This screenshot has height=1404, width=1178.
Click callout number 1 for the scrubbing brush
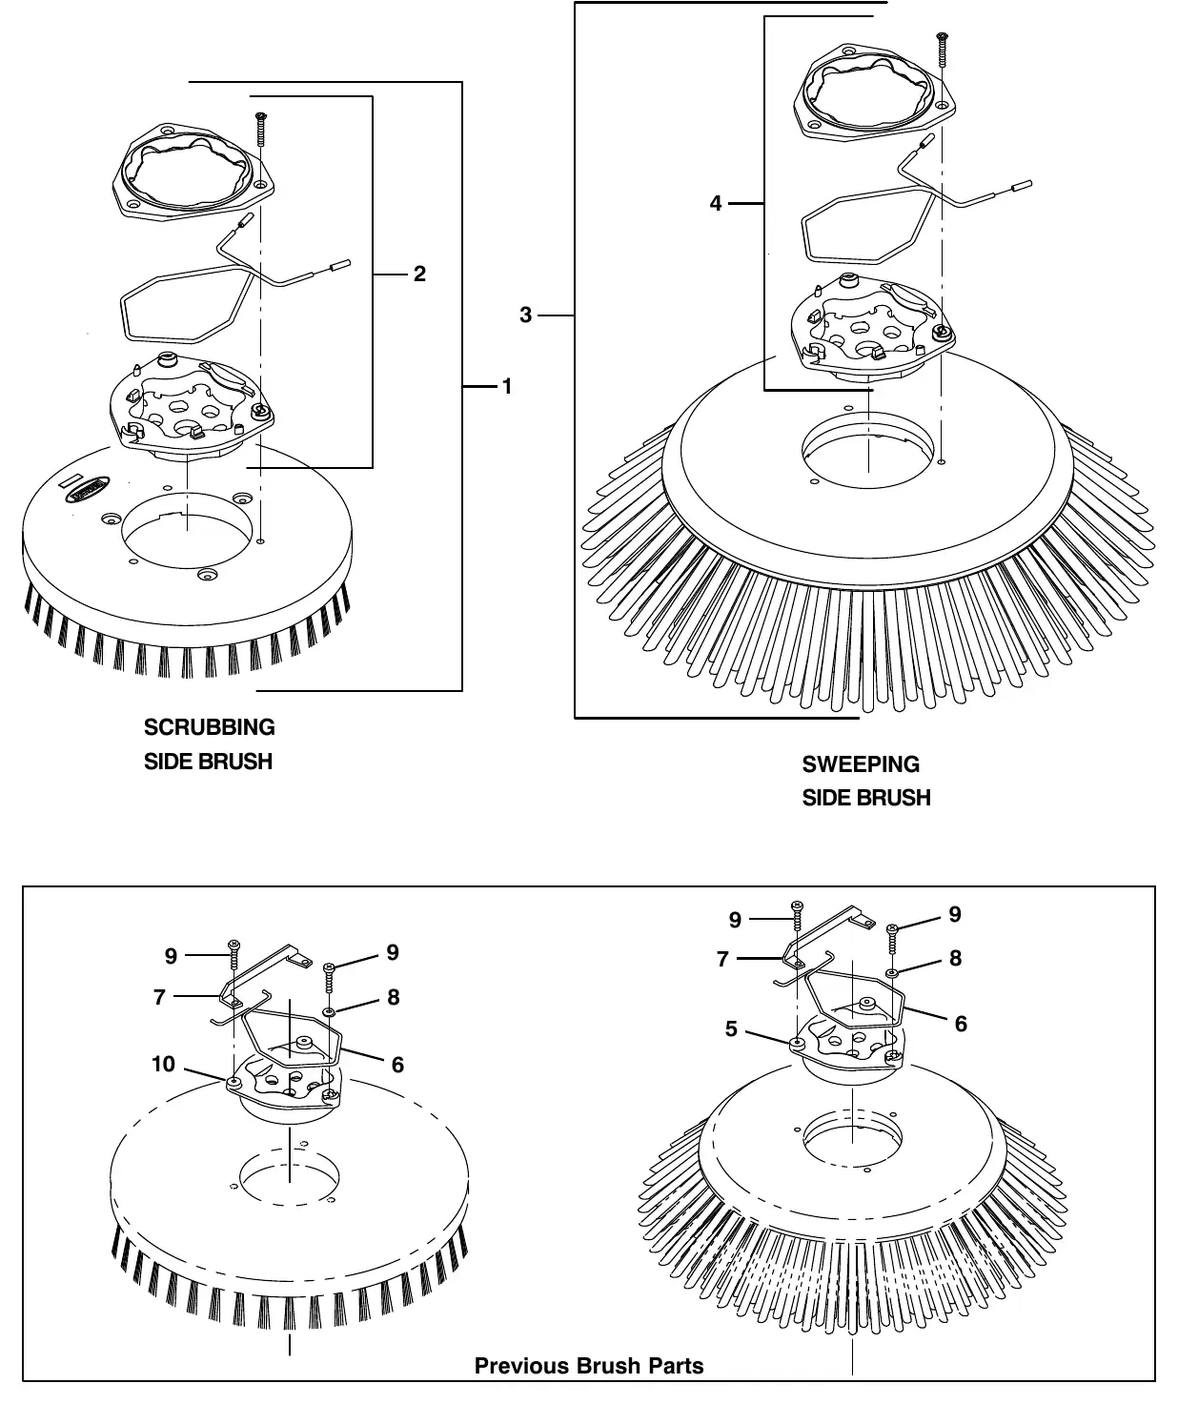point(507,387)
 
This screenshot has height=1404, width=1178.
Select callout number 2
point(419,274)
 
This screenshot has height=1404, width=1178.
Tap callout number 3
point(526,315)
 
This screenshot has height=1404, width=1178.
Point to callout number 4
point(716,203)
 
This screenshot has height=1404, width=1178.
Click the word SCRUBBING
point(209,727)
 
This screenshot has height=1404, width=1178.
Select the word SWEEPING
point(861,763)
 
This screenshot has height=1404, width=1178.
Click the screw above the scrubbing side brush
point(261,129)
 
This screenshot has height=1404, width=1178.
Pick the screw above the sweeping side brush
point(943,50)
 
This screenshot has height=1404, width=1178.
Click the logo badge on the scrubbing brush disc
point(88,490)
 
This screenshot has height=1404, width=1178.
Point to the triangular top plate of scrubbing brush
point(193,172)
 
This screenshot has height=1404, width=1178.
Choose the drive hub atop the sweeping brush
point(873,330)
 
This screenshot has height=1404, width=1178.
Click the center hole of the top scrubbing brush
point(188,531)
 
